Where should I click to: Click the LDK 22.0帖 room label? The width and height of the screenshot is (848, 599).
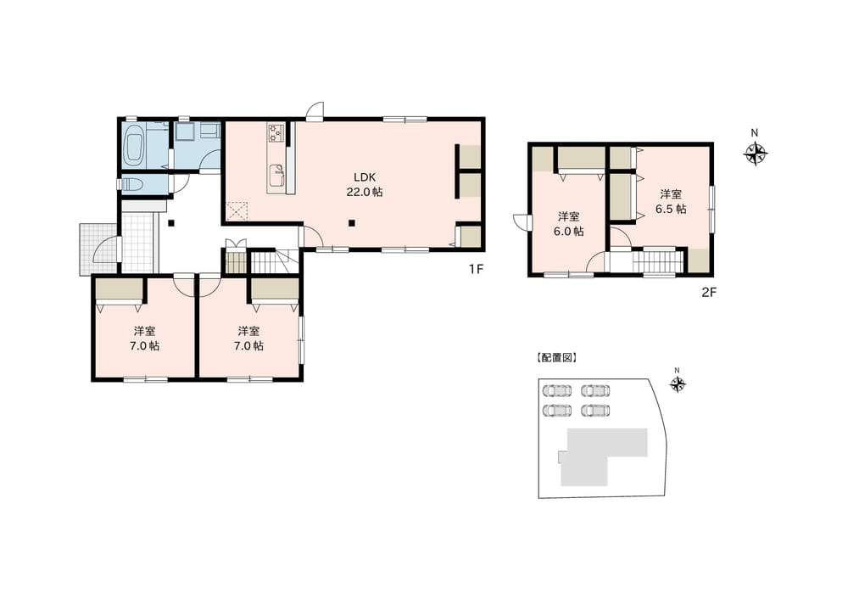365,184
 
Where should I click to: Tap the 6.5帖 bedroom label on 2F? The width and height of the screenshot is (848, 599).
671,201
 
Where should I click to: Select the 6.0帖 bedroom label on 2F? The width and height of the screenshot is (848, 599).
568,223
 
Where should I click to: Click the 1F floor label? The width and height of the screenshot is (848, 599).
476,270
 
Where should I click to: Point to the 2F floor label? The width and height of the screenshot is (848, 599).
709,293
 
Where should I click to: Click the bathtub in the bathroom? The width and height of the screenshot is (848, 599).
134,144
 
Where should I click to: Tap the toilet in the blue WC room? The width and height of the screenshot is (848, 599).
131,184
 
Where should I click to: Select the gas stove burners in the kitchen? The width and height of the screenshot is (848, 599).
276,133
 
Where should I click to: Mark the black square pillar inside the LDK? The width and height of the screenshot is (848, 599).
352,221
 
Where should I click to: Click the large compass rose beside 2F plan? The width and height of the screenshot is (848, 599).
756,153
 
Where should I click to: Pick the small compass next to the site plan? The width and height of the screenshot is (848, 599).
677,384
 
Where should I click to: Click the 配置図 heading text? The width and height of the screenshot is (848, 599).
556,358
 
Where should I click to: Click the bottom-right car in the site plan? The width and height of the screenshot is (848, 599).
595,410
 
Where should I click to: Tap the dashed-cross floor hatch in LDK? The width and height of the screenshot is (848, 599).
237,210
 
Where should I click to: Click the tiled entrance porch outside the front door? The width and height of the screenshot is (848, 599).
98,249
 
